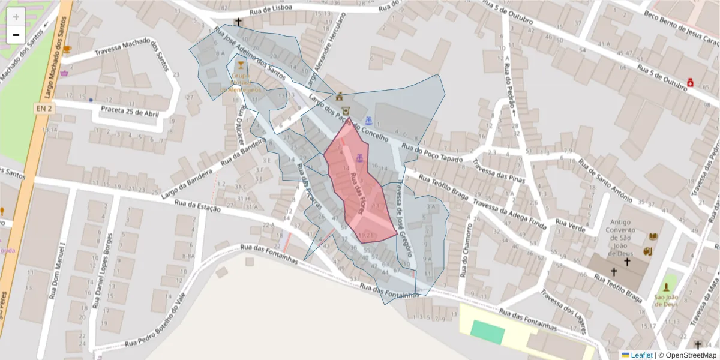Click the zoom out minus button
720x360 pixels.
[16, 35]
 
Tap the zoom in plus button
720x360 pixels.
[16, 17]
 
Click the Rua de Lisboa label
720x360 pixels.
[272, 8]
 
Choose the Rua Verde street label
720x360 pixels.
[571, 226]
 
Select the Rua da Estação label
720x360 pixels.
[198, 206]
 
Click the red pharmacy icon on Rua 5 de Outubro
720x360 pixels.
[691, 81]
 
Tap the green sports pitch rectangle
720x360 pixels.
[487, 332]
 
